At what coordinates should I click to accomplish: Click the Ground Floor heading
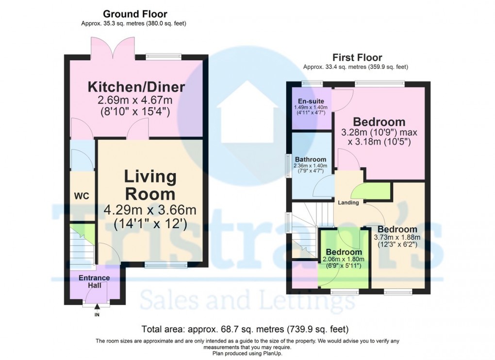[x=135, y=14]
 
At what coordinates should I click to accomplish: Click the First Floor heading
[x=357, y=58]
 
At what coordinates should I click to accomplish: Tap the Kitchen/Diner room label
[x=136, y=87]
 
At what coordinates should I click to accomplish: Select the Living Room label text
[x=150, y=185]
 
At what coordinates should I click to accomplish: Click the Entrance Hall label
[x=94, y=282]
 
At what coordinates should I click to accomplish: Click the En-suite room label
[x=311, y=101]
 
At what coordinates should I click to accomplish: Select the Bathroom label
[x=310, y=159]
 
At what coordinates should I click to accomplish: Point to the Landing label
[x=349, y=203]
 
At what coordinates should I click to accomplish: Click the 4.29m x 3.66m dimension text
[x=150, y=210]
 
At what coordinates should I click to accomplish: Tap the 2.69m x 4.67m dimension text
[x=136, y=101]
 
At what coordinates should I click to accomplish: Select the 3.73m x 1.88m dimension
[x=397, y=238]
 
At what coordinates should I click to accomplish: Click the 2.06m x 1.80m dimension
[x=344, y=260]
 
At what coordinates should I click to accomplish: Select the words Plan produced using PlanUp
[x=247, y=353]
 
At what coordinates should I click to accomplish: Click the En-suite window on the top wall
[x=311, y=83]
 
